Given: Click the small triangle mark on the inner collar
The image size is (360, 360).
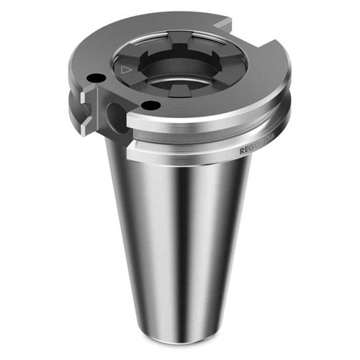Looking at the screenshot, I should click(127, 70).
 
